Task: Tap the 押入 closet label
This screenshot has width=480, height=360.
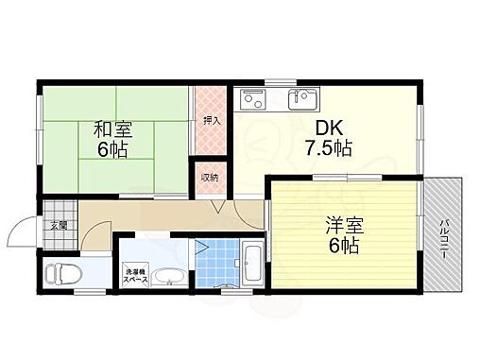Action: coord(211,120)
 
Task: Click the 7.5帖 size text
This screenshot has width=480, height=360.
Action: coord(329,149)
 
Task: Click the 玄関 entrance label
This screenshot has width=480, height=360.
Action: coord(57,225)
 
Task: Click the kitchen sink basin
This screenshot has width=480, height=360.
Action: coord(305,97)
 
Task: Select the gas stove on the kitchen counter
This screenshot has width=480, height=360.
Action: coord(254,97)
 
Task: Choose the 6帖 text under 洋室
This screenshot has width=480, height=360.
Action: coord(344,248)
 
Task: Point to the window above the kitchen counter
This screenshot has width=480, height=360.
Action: coord(281,80)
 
